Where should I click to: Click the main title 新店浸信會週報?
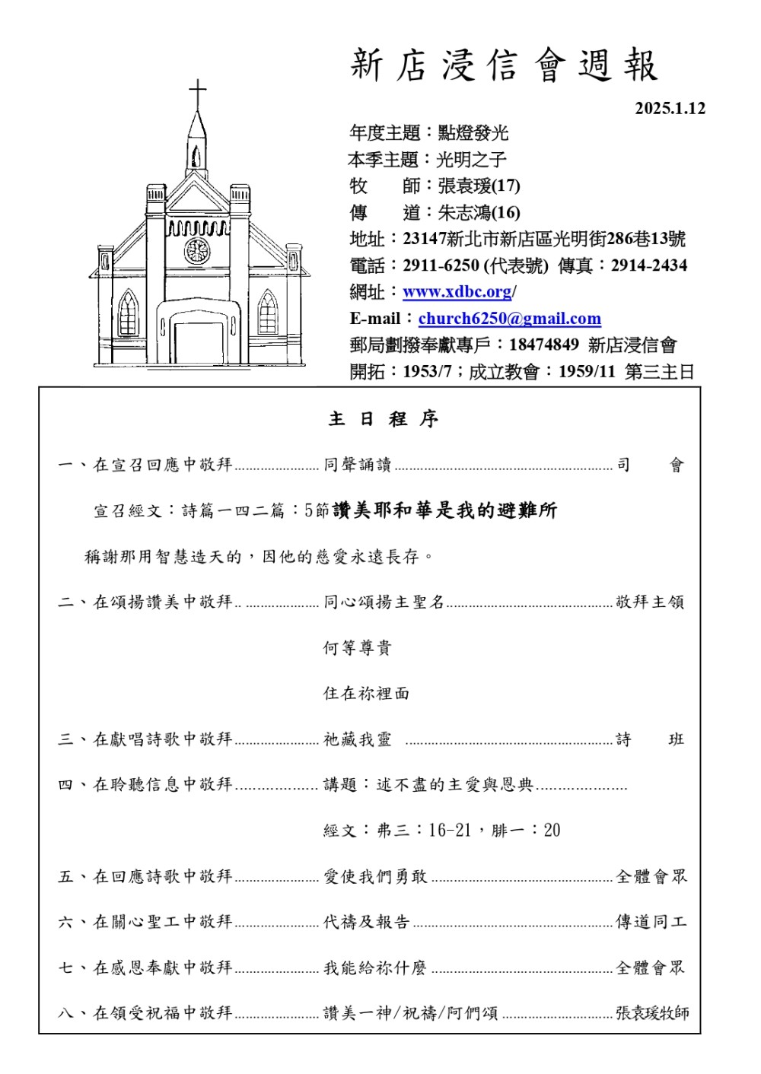[x=504, y=65]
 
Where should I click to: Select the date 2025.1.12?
[x=670, y=108]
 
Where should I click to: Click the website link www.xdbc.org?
[x=457, y=292]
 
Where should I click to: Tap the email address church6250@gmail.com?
[x=509, y=319]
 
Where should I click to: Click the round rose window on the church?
[x=197, y=250]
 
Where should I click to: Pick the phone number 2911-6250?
[x=441, y=265]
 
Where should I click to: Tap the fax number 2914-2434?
[x=648, y=265]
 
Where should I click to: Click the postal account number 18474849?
[x=543, y=345]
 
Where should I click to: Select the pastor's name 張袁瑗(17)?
[x=479, y=186]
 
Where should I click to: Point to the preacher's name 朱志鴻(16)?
[x=479, y=213]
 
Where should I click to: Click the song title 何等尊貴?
[x=357, y=648]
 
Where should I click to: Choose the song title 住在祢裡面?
[x=366, y=694]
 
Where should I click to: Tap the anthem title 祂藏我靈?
[x=357, y=739]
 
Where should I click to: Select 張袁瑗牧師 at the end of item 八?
[x=652, y=1013]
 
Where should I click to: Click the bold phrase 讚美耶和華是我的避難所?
[x=444, y=510]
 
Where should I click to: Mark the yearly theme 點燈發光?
[x=473, y=134]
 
